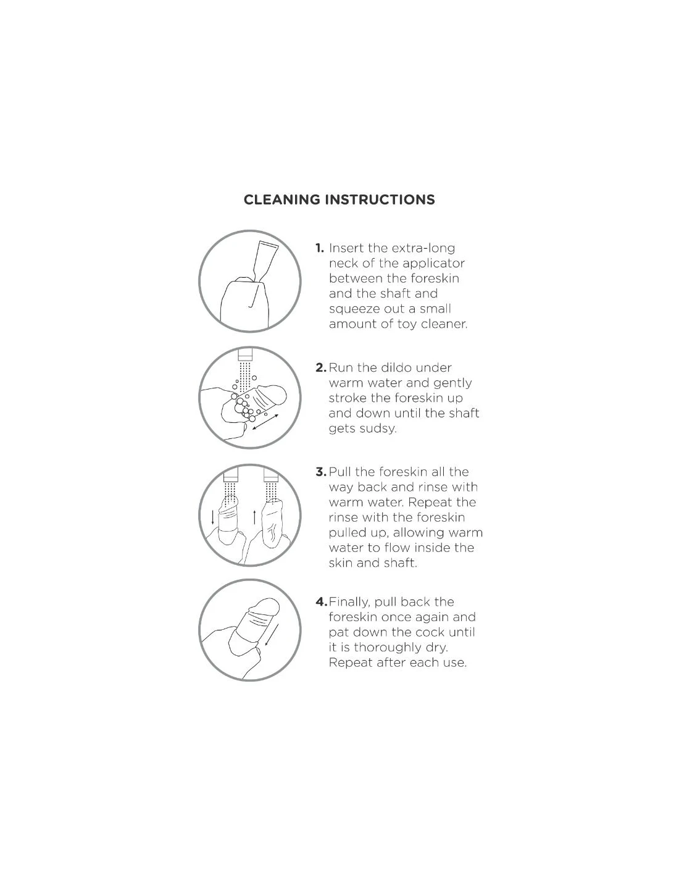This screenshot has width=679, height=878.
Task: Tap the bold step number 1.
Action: [x=320, y=248]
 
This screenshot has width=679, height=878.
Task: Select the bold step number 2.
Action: [x=321, y=367]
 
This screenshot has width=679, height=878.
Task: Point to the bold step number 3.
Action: [x=321, y=472]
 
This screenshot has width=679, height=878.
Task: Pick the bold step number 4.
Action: [x=321, y=602]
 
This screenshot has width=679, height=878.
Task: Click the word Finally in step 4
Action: [x=349, y=603]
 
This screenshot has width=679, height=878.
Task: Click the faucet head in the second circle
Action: [x=245, y=355]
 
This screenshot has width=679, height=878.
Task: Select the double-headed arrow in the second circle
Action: [x=265, y=422]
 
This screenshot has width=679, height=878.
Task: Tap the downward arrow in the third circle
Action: [x=213, y=517]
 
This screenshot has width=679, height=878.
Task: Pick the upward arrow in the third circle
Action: [x=254, y=517]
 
